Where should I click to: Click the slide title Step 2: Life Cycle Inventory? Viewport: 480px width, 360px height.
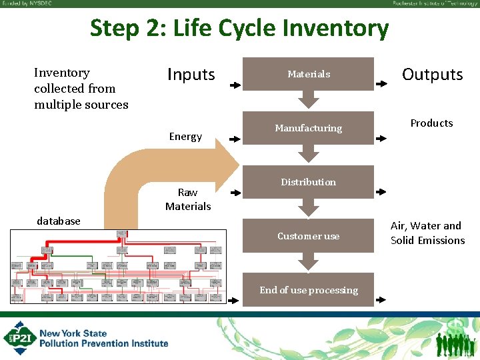pyautogui.click(x=239, y=29)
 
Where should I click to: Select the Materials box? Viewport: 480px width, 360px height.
pyautogui.click(x=308, y=74)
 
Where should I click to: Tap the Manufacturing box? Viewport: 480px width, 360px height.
pyautogui.click(x=308, y=128)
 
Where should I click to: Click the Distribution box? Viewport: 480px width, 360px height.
pyautogui.click(x=308, y=182)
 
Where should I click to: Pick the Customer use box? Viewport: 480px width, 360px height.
pyautogui.click(x=308, y=236)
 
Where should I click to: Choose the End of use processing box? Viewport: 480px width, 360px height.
pyautogui.click(x=308, y=290)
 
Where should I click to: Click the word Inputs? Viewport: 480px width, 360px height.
pyautogui.click(x=191, y=75)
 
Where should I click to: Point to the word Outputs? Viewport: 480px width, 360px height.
pyautogui.click(x=432, y=75)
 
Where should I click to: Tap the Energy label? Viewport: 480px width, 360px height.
pyautogui.click(x=185, y=137)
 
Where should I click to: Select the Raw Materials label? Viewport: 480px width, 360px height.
pyautogui.click(x=188, y=199)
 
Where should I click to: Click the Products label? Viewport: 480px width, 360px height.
pyautogui.click(x=431, y=123)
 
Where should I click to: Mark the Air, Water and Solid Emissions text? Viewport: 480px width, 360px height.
pyautogui.click(x=427, y=233)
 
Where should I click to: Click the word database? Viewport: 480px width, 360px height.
pyautogui.click(x=59, y=221)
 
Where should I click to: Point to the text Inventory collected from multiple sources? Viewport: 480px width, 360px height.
pyautogui.click(x=81, y=89)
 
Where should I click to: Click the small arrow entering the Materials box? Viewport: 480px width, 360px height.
pyautogui.click(x=235, y=86)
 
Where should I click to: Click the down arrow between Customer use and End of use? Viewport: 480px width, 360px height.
pyautogui.click(x=308, y=262)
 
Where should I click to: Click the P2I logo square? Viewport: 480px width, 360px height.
pyautogui.click(x=19, y=339)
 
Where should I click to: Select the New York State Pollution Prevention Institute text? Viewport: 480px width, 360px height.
pyautogui.click(x=103, y=339)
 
